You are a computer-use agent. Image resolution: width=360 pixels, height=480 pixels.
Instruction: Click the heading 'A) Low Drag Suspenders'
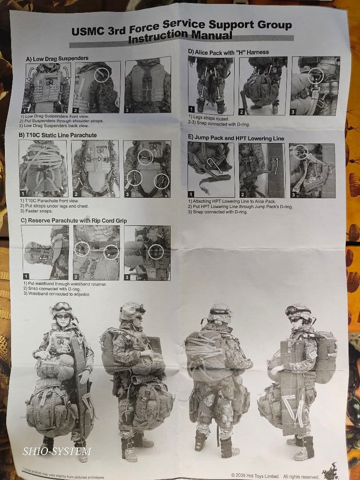coord(57,58)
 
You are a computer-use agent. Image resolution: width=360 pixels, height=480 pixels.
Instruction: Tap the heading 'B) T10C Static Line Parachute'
coord(58,135)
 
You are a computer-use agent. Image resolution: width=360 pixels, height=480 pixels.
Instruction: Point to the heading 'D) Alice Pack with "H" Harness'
coord(228,52)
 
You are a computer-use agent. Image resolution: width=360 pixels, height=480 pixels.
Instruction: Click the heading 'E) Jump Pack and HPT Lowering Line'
coord(236,138)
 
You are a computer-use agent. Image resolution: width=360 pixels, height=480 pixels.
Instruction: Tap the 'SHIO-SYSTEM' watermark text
coord(57,452)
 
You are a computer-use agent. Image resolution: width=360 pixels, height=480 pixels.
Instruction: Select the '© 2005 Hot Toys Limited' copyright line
coord(255,476)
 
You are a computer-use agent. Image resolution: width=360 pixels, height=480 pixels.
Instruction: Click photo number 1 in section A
coord(46,89)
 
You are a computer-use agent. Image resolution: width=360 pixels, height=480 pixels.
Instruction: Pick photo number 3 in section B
coord(147,168)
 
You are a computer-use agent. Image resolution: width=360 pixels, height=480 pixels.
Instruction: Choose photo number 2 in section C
coord(96,252)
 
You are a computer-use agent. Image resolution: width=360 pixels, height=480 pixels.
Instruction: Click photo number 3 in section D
coord(315,86)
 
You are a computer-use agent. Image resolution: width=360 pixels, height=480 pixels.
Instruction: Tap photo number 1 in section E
coord(211,170)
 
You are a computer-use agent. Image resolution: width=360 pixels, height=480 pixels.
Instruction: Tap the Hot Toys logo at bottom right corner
coord(331,471)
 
